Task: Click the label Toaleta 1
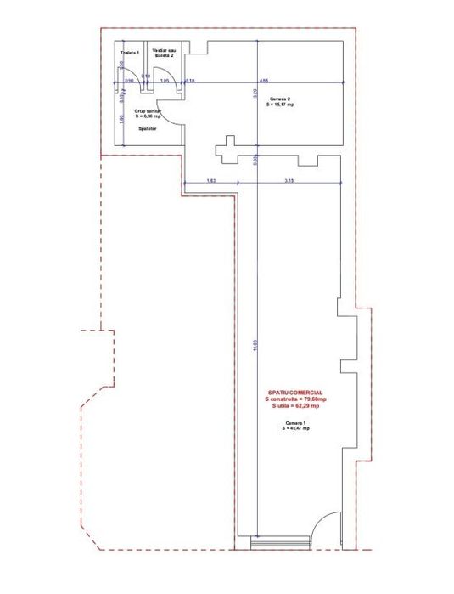pyautogui.click(x=128, y=53)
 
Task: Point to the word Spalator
pyautogui.click(x=148, y=130)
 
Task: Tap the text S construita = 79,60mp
pyautogui.click(x=294, y=399)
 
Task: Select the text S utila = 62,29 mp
pyautogui.click(x=294, y=406)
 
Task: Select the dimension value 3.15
pyautogui.click(x=289, y=181)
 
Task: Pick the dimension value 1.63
pyautogui.click(x=211, y=181)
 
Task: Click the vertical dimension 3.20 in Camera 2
pyautogui.click(x=255, y=93)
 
